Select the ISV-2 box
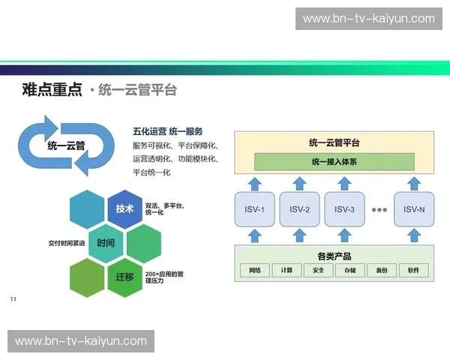(299, 209)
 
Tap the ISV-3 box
(344, 209)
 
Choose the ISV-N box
(414, 209)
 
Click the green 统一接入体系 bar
(334, 161)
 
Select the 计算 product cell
(287, 270)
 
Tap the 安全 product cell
(319, 270)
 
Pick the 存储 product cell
(350, 270)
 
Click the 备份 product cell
(382, 270)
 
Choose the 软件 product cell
(413, 270)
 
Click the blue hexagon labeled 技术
(124, 208)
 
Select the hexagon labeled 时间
(106, 244)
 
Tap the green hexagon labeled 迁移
(124, 277)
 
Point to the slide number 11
(13, 299)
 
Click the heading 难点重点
(52, 90)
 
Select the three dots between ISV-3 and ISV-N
(379, 209)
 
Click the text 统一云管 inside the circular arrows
(66, 145)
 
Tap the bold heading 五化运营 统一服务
(167, 131)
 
